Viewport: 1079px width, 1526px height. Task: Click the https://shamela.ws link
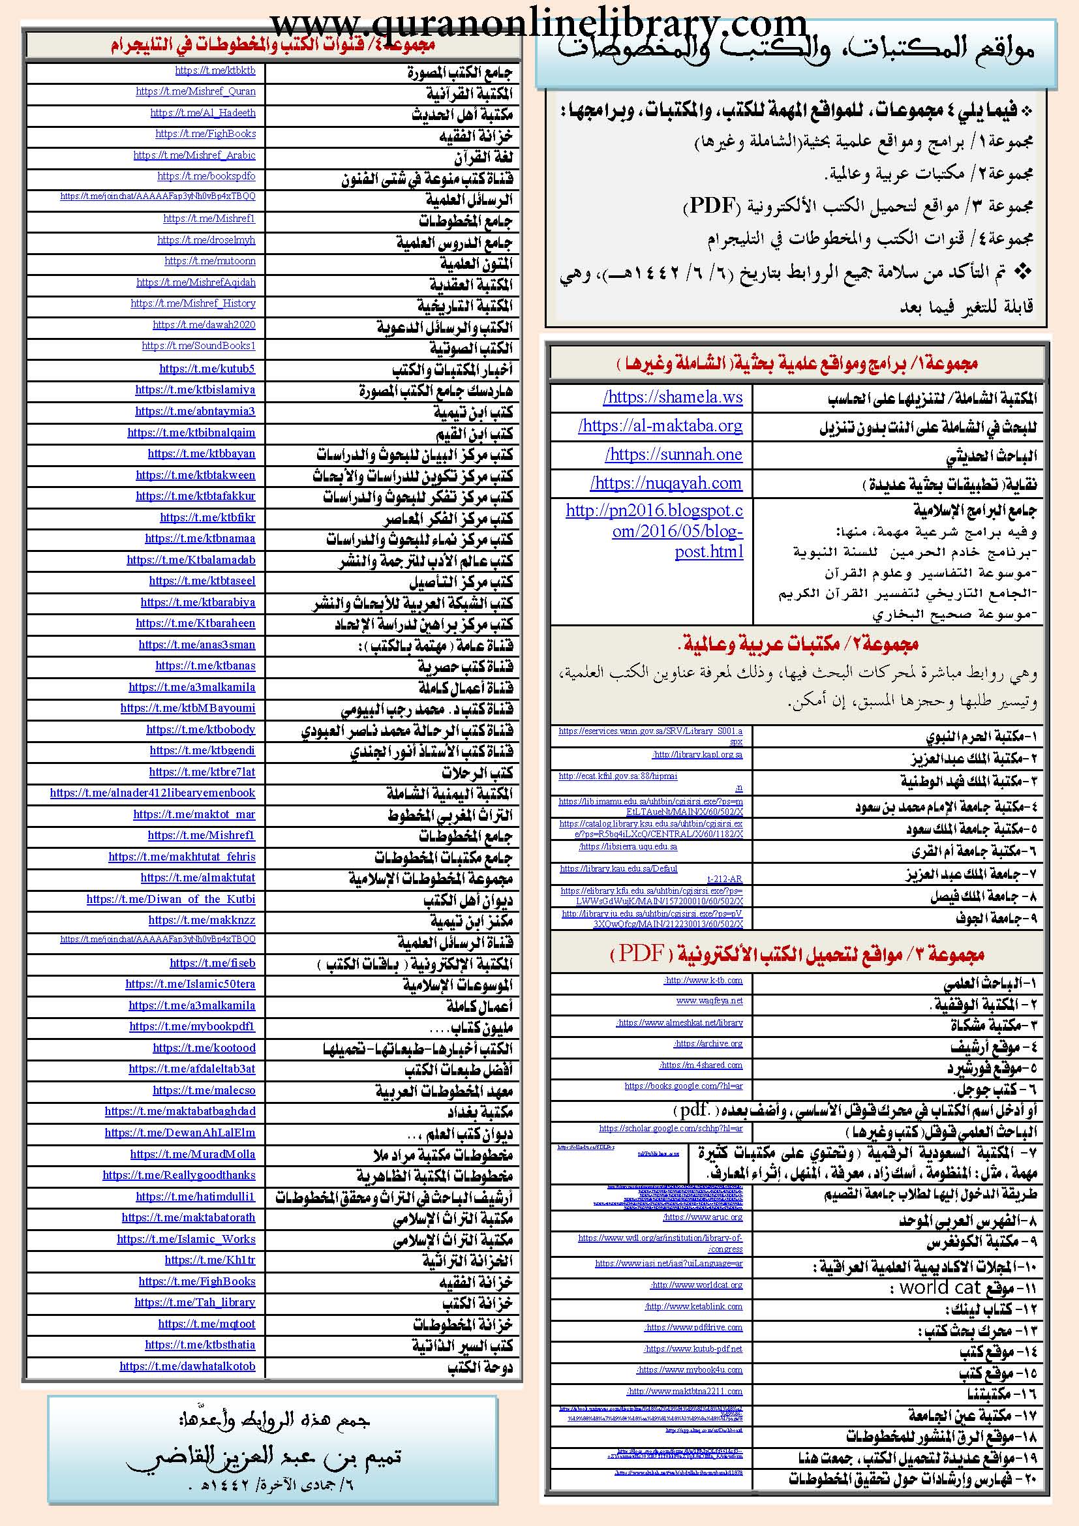coord(673,397)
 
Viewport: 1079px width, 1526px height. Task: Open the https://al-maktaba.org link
coord(660,426)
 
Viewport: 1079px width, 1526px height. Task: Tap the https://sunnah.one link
coord(673,455)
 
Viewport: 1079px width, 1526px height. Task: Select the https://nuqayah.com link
coord(666,483)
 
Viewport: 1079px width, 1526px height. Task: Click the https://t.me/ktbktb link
coord(215,70)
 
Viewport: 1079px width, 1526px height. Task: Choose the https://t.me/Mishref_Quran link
coord(195,92)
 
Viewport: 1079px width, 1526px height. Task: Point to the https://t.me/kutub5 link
coord(207,369)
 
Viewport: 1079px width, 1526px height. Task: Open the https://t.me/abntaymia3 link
coord(194,412)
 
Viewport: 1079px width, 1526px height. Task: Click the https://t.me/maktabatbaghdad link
coord(179,1111)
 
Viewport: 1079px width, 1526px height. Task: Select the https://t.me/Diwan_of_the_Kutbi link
coord(170,899)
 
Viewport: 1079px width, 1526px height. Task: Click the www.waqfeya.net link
coord(709,1001)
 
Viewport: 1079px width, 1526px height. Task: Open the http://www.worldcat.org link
coord(696,1285)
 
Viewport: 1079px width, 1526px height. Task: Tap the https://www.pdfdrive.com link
coord(693,1327)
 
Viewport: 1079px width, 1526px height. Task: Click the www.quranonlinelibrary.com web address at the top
coord(539,23)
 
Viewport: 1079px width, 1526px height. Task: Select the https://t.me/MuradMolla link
coord(192,1155)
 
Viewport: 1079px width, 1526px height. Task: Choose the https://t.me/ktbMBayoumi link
coord(187,709)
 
